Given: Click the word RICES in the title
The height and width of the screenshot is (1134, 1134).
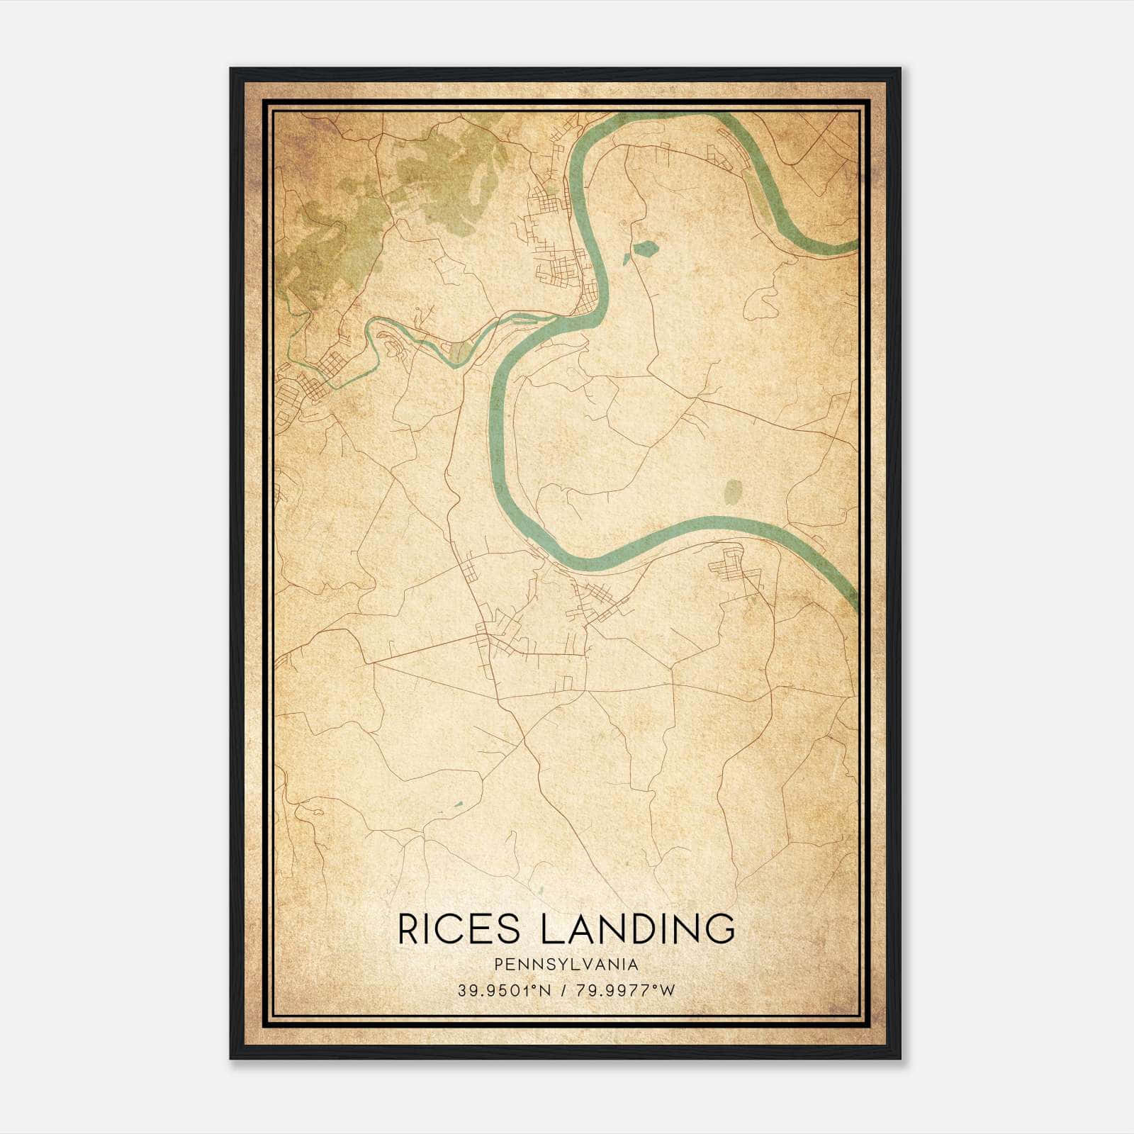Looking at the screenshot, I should pos(459,928).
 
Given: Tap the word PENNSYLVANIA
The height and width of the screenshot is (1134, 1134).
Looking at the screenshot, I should pos(566,965).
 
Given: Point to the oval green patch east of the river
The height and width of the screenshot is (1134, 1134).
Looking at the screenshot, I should pos(734,490).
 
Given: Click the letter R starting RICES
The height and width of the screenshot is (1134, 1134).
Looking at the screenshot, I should pos(410,928).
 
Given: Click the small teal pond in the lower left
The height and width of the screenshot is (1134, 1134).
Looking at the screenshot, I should pos(456,804).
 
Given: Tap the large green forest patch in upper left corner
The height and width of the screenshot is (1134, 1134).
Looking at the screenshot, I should pos(333,241).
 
